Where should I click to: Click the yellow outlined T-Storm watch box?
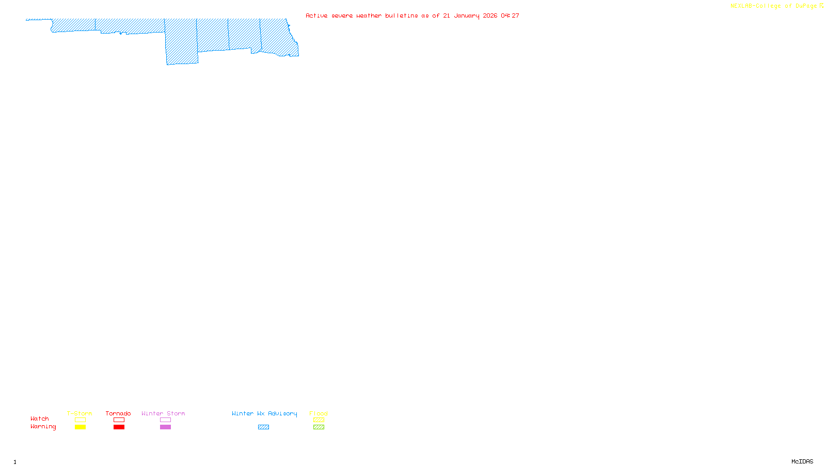point(80,420)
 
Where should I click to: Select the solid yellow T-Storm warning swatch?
point(80,427)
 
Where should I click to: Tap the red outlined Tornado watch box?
point(119,420)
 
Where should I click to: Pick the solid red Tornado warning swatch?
point(119,427)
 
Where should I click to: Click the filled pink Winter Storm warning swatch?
point(165,427)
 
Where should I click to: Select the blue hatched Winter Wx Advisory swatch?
point(263,427)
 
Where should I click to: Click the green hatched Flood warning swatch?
point(319,427)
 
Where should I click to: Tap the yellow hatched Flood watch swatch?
point(319,420)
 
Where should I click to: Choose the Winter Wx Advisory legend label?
point(264,413)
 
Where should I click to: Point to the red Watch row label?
point(40,419)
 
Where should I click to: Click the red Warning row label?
point(43,427)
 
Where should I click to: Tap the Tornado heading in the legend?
point(118,413)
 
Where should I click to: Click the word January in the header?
point(466,16)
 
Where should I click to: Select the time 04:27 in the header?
point(510,16)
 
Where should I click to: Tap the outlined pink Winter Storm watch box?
point(165,420)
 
